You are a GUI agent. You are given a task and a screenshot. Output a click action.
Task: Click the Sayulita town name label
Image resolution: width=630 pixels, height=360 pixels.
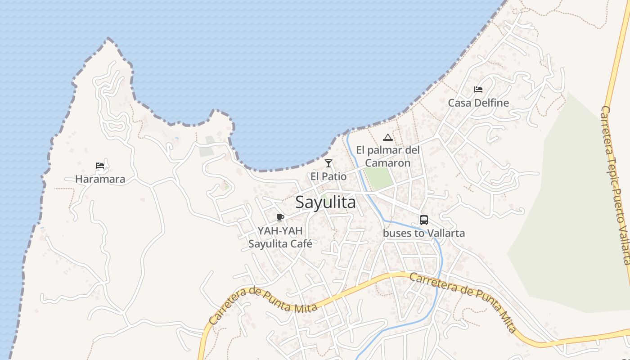[x=325, y=202]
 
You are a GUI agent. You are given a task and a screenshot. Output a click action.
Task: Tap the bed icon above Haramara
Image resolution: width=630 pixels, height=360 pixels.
[x=100, y=166]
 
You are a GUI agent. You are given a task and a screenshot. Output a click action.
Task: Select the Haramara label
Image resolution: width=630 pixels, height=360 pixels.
[x=100, y=179]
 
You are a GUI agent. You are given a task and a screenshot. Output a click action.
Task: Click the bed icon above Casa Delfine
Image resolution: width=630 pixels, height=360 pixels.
[x=478, y=90]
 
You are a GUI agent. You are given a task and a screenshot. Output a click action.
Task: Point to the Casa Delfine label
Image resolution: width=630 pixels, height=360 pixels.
[x=478, y=103]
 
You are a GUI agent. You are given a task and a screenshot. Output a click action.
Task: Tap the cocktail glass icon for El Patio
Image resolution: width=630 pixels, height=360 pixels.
[x=328, y=163]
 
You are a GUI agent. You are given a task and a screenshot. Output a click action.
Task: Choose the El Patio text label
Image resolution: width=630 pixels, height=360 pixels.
[x=328, y=176]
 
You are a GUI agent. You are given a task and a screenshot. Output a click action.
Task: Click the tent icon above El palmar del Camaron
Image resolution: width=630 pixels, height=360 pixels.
[x=387, y=137]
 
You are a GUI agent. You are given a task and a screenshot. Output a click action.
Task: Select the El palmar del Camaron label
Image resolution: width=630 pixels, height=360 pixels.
[x=387, y=156]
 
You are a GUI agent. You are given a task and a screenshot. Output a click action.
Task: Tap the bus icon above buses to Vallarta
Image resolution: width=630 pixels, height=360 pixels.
[x=423, y=220]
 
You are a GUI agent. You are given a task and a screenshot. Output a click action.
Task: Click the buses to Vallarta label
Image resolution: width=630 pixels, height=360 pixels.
[x=423, y=233]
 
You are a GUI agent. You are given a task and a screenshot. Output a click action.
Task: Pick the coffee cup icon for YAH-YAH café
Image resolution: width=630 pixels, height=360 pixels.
[x=280, y=218]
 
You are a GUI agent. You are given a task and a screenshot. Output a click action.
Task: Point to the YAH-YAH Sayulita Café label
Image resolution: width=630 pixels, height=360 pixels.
[x=280, y=237]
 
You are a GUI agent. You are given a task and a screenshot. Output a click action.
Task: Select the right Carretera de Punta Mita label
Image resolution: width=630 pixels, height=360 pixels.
[x=463, y=301]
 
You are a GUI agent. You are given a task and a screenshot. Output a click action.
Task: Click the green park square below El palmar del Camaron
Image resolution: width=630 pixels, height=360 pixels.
[x=378, y=178]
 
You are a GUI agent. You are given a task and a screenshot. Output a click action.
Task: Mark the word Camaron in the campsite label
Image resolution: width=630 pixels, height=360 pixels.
[x=387, y=163]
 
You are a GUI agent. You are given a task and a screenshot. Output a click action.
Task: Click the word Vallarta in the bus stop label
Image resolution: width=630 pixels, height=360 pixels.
[x=445, y=233]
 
